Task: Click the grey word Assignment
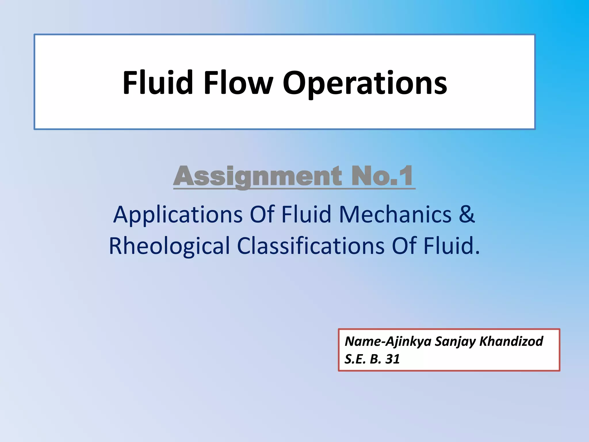pos(258,176)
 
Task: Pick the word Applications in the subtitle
pos(178,215)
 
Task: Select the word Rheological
pos(169,246)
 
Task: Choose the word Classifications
pos(311,246)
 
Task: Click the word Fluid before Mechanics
pos(306,214)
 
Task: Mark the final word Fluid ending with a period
pos(452,246)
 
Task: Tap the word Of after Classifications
pos(404,246)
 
